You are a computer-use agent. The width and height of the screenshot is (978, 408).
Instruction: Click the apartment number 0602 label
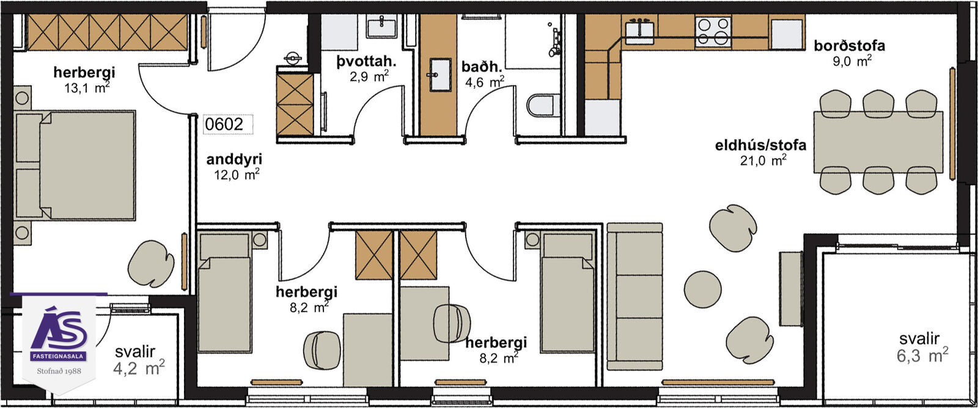click(224, 125)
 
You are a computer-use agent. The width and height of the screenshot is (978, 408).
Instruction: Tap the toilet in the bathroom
click(543, 105)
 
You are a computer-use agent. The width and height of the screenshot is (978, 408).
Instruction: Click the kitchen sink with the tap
click(639, 31)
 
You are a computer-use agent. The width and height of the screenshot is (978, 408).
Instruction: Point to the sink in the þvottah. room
click(381, 26)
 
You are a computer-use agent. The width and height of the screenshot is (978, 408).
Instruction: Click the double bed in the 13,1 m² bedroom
click(75, 165)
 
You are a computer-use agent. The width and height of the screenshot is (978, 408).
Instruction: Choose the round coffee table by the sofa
click(702, 289)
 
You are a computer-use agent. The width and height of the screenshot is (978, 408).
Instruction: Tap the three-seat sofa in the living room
click(635, 296)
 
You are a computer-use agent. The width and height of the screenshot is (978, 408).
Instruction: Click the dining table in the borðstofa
click(878, 142)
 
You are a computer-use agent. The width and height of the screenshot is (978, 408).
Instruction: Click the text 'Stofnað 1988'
click(59, 371)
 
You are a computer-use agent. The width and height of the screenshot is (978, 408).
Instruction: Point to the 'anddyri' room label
click(234, 159)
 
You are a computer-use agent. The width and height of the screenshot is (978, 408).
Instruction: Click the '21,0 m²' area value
click(763, 160)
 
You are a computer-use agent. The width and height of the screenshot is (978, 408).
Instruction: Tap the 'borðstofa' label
click(849, 46)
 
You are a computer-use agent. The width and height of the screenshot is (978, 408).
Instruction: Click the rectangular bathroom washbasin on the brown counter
click(440, 75)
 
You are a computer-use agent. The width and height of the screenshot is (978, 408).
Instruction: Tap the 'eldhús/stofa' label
click(760, 145)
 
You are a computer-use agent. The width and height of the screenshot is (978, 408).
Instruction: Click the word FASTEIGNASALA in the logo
click(59, 357)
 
